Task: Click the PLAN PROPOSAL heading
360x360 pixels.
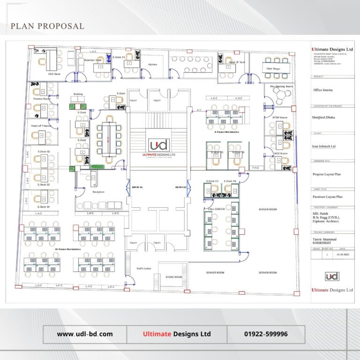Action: pos(47,26)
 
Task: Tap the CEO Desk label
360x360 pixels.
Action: pos(54,74)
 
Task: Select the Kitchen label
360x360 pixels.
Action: pos(153,64)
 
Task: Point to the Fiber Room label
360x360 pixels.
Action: pos(273,69)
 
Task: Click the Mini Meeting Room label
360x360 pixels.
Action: pos(281,86)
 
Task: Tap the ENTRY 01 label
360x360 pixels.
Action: pos(137,187)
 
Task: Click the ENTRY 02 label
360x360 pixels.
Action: pos(181,187)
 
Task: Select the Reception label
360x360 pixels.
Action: pos(98,192)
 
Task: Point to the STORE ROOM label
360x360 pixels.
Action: pos(173,277)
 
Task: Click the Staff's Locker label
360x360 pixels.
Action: pos(143,269)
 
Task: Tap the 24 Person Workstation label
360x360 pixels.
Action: pos(68,249)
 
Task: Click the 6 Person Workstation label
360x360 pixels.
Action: pos(227,132)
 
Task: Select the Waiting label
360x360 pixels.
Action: pos(78,94)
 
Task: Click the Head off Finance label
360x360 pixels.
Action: pos(41,126)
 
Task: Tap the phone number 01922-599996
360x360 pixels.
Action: pos(266,334)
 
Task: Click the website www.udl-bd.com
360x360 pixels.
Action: pos(85,334)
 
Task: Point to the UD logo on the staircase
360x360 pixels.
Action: pos(158,145)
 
